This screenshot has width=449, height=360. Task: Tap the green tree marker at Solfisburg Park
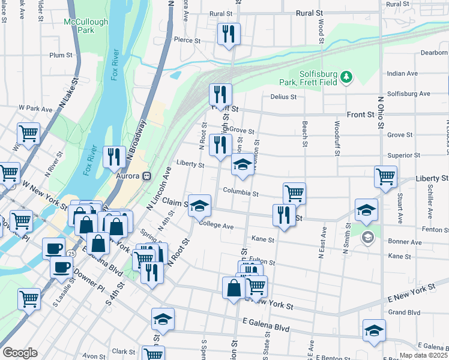coord(346,76)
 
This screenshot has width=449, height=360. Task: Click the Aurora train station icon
coord(145,176)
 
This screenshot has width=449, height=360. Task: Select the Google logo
coord(20,353)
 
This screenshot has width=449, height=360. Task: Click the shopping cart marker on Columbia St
coord(294,194)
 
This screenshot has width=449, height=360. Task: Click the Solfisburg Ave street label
coord(409,94)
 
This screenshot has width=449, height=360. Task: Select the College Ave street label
coord(216,226)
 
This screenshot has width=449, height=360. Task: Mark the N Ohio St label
coord(380,111)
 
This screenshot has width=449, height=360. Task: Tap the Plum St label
coord(61,55)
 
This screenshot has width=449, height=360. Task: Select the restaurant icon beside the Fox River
coord(113,157)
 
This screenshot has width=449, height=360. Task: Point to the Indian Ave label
coord(402,73)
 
